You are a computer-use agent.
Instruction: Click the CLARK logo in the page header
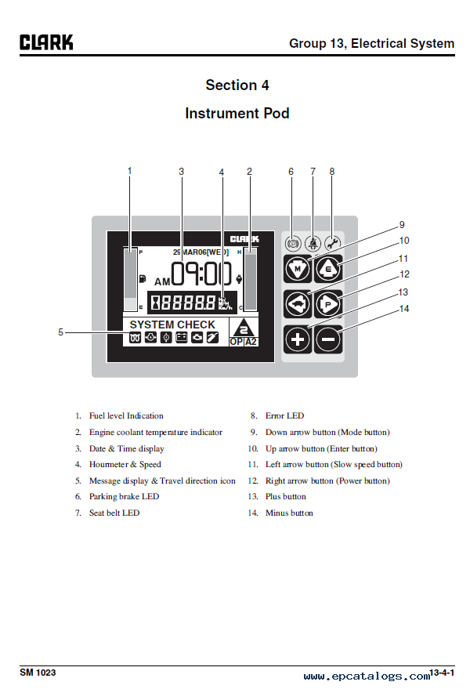(x=46, y=42)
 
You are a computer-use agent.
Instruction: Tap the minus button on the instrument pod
(x=328, y=339)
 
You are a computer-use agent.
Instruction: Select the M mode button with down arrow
(x=297, y=269)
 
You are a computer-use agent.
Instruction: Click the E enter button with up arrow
(x=328, y=269)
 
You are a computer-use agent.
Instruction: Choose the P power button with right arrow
(x=328, y=303)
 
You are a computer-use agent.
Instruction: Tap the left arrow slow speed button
(x=297, y=303)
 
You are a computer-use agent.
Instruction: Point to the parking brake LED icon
(x=293, y=244)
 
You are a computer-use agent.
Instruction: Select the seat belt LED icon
(x=312, y=244)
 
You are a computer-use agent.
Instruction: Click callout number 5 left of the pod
(x=60, y=332)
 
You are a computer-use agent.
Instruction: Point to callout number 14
(x=404, y=309)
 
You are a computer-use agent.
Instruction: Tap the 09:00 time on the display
(x=202, y=274)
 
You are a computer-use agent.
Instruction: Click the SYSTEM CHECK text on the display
(x=172, y=325)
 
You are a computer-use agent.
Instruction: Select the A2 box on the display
(x=251, y=342)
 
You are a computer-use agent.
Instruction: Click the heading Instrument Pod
(x=237, y=113)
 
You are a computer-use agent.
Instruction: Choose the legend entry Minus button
(x=289, y=513)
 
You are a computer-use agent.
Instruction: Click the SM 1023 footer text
(x=38, y=673)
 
